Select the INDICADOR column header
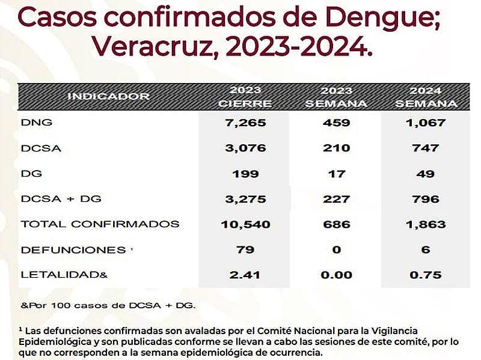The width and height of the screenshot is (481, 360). [108, 96]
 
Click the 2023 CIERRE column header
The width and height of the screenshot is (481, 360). [245, 97]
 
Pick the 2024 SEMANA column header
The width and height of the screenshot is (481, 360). [426, 97]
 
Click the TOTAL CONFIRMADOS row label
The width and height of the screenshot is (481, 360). [100, 224]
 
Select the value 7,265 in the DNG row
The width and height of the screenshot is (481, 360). [245, 123]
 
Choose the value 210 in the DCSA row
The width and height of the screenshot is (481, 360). [336, 148]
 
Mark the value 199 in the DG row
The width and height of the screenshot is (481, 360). [245, 174]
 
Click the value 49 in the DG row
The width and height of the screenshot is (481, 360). [426, 174]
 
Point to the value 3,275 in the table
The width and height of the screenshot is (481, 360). [245, 199]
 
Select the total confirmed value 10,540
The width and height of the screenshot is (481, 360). [245, 224]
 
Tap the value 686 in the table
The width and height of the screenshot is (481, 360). [336, 224]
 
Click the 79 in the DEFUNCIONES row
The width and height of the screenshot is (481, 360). [245, 249]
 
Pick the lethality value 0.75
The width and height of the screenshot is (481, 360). [426, 275]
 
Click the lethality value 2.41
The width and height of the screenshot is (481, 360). [245, 275]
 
